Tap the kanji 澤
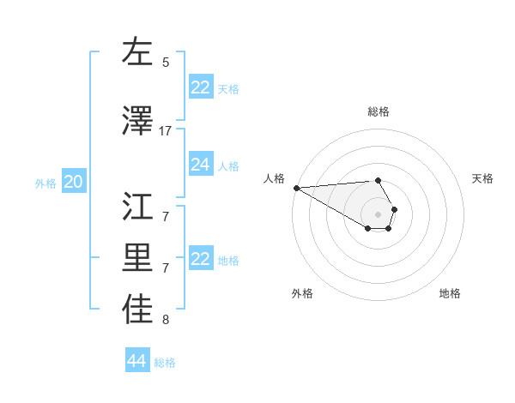click(137, 121)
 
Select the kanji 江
click(137, 208)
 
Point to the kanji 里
click(137, 259)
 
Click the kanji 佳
click(137, 310)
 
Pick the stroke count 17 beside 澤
click(166, 131)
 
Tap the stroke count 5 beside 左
click(166, 63)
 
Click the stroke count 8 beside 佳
click(166, 321)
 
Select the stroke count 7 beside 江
click(166, 217)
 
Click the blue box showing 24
click(200, 165)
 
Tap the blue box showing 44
click(137, 361)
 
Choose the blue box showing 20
click(73, 182)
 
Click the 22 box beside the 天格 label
click(200, 87)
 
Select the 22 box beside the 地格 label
click(200, 259)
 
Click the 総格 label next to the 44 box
click(165, 363)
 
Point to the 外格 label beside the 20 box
click(45, 183)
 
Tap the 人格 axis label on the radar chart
click(274, 178)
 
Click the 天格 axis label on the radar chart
click(483, 178)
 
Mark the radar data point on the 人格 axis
click(296, 188)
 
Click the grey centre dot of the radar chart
click(379, 214)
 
